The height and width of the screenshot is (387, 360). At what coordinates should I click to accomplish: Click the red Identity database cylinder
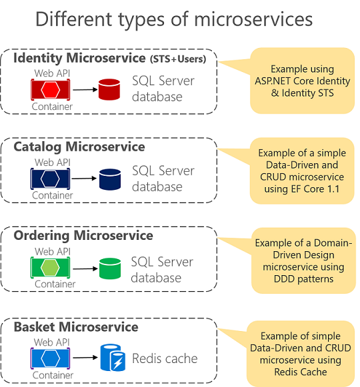[109, 89]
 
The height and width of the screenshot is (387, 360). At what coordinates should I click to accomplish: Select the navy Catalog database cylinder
[110, 179]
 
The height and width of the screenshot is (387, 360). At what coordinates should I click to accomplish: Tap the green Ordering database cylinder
[110, 268]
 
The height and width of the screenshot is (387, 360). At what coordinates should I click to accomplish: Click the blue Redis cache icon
[113, 358]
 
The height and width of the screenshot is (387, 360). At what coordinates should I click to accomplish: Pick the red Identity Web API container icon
[51, 90]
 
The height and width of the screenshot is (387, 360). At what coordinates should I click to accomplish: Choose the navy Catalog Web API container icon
[51, 179]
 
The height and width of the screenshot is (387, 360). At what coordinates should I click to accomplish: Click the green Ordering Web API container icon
[51, 268]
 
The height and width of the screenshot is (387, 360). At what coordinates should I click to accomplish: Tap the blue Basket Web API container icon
[51, 358]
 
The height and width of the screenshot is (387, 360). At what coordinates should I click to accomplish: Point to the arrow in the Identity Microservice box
[85, 90]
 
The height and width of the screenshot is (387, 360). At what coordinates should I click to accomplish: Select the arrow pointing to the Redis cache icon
[85, 358]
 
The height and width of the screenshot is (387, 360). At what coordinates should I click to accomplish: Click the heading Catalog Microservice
[79, 147]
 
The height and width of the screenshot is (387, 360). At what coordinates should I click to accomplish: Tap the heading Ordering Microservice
[83, 235]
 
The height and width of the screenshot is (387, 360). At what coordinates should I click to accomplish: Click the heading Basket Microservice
[76, 327]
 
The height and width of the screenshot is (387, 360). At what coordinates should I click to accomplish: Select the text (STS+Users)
[178, 59]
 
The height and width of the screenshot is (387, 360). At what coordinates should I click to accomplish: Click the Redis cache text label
[165, 358]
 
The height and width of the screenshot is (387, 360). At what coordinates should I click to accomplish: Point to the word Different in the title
[74, 19]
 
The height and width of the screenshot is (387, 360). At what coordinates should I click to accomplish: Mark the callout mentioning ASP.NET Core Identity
[303, 81]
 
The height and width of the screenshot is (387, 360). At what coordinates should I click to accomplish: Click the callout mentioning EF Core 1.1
[302, 171]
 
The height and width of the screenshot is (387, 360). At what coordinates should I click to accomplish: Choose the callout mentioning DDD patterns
[303, 260]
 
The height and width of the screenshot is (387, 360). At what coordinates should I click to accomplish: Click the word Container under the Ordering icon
[55, 284]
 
